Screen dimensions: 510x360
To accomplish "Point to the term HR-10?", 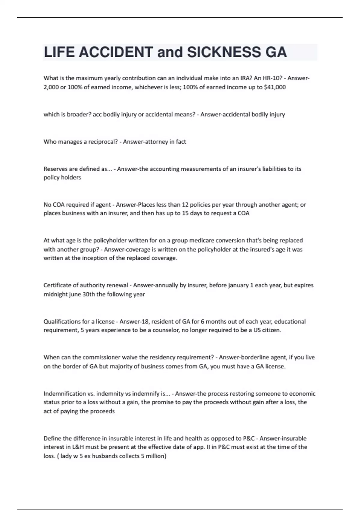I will [273, 78].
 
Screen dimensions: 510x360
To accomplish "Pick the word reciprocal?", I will [103, 142].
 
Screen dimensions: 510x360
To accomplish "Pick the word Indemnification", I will [65, 394].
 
